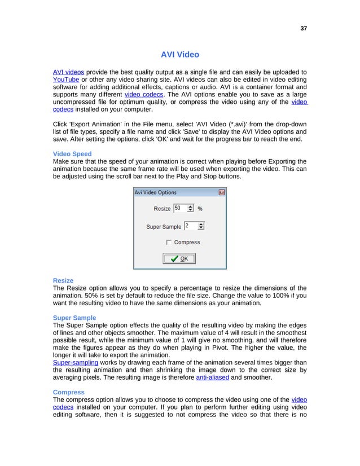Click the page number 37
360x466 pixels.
pyautogui.click(x=304, y=29)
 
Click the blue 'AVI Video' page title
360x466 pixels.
pyautogui.click(x=179, y=55)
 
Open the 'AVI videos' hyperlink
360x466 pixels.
pyautogui.click(x=68, y=72)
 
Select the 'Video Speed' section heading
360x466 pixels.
pyautogui.click(x=72, y=154)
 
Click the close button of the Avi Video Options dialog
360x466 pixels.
pyautogui.click(x=222, y=192)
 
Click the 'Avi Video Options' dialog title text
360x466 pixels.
pyautogui.click(x=155, y=192)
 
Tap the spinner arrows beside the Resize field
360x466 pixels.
pyautogui.click(x=190, y=208)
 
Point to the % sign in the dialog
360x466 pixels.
pyautogui.click(x=200, y=209)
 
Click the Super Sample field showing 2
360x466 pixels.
pyautogui.click(x=190, y=226)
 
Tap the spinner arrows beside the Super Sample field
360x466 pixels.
pyautogui.click(x=201, y=226)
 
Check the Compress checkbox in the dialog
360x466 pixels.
pyautogui.click(x=169, y=243)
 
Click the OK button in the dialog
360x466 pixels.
pyautogui.click(x=179, y=258)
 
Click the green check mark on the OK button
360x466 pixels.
pyautogui.click(x=174, y=258)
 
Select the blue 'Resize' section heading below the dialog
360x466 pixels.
pyautogui.click(x=63, y=280)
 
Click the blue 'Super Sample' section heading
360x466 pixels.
pyautogui.click(x=74, y=318)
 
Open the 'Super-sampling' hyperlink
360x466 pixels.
pyautogui.click(x=76, y=363)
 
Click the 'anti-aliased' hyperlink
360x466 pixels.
pyautogui.click(x=212, y=378)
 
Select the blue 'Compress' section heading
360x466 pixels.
pyautogui.click(x=68, y=392)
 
